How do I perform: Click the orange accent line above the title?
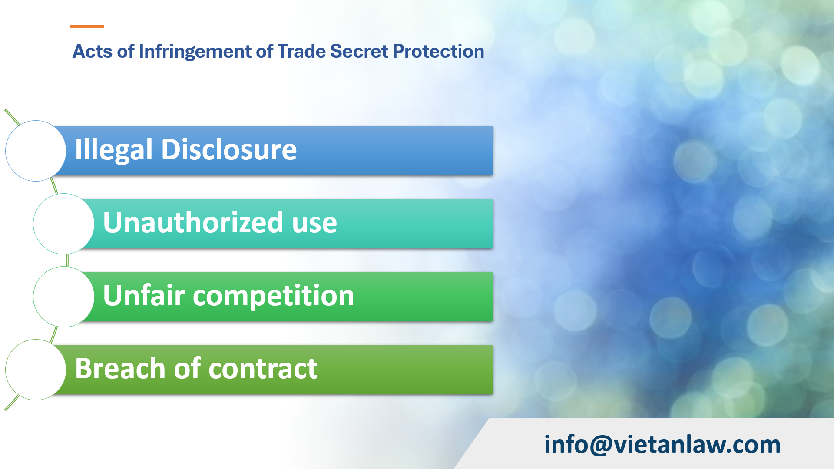coord(87,26)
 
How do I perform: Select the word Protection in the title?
coord(438,51)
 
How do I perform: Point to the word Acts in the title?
coord(92,51)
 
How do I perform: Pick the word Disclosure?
coord(229,149)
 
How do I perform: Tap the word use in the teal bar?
coord(314,223)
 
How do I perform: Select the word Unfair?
coord(144,295)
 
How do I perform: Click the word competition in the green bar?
coord(273,296)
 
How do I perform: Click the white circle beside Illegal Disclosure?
coord(36,151)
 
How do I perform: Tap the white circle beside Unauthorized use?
coord(63,224)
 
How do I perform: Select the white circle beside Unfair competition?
coord(63,297)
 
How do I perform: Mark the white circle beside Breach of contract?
coord(36,370)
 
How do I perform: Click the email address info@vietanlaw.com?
coord(662,444)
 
